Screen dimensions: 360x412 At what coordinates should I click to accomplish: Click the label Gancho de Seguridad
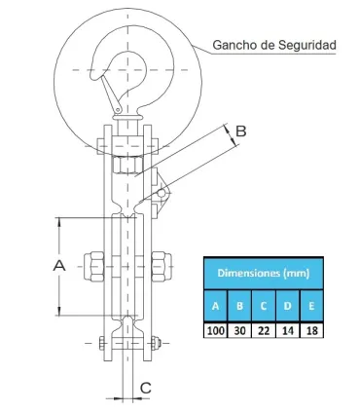tap(274, 46)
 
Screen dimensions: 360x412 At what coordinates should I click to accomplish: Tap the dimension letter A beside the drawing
tap(58, 264)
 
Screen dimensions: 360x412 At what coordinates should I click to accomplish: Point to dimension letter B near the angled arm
tap(241, 130)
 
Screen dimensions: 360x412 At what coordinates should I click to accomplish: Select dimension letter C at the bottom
tap(145, 388)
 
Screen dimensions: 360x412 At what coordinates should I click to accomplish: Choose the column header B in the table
tap(239, 305)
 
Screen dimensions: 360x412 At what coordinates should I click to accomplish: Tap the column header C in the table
tap(263, 305)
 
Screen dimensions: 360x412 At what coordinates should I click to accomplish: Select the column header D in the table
tap(286, 305)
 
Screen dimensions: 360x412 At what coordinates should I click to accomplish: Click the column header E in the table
tap(309, 305)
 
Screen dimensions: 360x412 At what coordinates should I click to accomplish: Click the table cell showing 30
tap(239, 329)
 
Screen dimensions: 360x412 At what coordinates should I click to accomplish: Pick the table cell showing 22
tap(263, 329)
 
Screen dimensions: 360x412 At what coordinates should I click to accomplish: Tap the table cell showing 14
tap(286, 329)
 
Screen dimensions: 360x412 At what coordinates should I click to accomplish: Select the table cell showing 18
tap(309, 329)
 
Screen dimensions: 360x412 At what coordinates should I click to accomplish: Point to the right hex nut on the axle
tap(161, 264)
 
